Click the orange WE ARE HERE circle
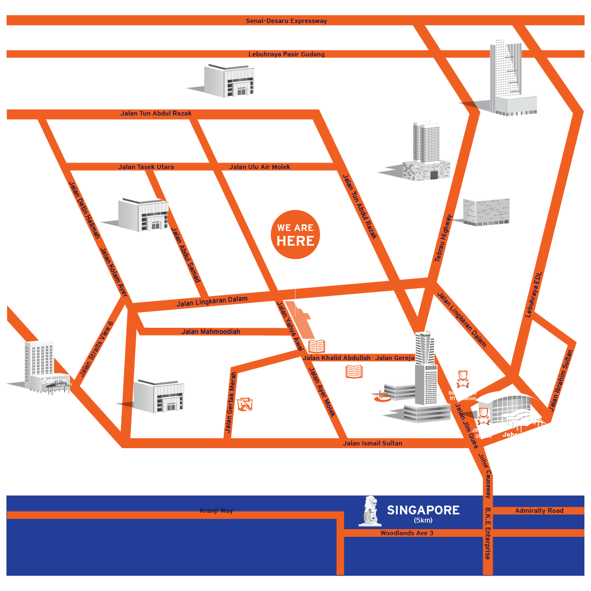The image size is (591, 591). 295,235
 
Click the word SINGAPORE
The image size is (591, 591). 423,511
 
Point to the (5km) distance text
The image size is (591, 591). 423,520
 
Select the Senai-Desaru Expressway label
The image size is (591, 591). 286,21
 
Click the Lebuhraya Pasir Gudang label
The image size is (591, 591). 286,54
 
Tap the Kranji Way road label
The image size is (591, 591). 216,511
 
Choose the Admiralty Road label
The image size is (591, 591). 539,511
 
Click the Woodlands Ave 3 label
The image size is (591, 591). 407,533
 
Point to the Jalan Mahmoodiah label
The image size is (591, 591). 211,331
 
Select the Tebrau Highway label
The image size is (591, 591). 443,239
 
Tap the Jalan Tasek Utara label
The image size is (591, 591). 146,167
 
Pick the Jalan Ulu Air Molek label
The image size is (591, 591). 259,167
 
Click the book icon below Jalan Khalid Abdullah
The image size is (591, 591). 354,372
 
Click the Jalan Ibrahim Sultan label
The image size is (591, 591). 563,380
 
